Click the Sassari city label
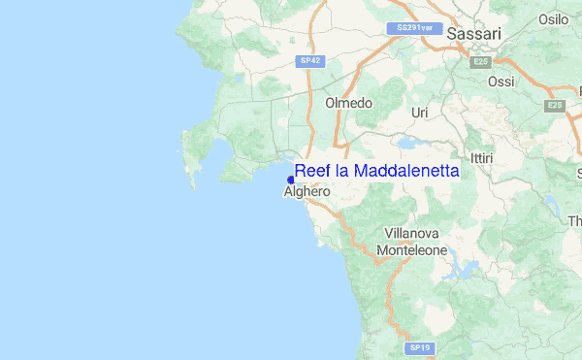pyautogui.click(x=474, y=34)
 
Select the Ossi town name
pyautogui.click(x=501, y=82)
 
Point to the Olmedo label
pyautogui.click(x=349, y=103)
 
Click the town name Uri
pyautogui.click(x=420, y=114)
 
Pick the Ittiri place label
pyautogui.click(x=481, y=157)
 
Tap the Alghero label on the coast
pyautogui.click(x=307, y=192)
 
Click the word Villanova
pyautogui.click(x=412, y=234)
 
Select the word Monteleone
pyautogui.click(x=412, y=249)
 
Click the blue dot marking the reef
pyautogui.click(x=291, y=180)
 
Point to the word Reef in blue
pyautogui.click(x=313, y=171)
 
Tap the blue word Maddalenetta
pyautogui.click(x=406, y=171)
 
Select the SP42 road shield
pyautogui.click(x=308, y=60)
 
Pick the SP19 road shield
pyautogui.click(x=419, y=347)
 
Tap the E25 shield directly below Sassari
pyautogui.click(x=479, y=62)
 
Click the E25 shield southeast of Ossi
pyautogui.click(x=555, y=105)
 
